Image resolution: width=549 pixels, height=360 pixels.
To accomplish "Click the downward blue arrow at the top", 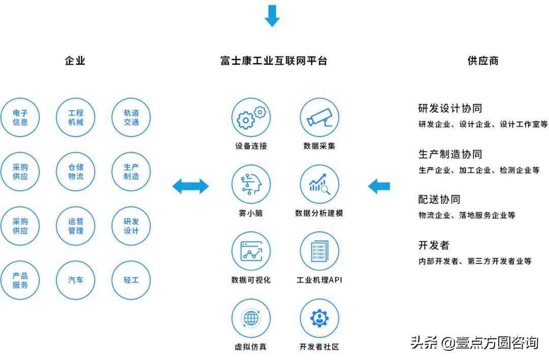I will coord(272,15).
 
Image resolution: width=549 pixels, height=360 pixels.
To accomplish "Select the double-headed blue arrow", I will coord(190,186).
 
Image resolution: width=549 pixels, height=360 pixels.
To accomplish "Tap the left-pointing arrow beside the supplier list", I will coord(379,186).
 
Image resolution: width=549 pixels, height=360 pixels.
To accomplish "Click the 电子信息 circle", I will coord(20,117).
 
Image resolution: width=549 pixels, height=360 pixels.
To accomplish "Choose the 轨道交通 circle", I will coord(131,117).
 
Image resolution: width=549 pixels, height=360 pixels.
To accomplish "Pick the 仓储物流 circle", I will coord(76,172).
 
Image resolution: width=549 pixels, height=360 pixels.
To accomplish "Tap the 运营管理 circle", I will coord(76,226).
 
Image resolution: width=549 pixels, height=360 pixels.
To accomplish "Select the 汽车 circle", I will coord(76,280).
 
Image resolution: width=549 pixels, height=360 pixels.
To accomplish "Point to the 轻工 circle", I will coord(131,280).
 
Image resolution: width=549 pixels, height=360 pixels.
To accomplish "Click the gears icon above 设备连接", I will coord(251,117).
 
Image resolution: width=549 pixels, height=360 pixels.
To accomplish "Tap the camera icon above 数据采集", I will coord(319,117).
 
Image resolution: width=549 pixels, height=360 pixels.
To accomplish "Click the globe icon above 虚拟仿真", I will coord(251,318).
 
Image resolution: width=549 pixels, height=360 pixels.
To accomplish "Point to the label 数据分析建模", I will coord(319,213).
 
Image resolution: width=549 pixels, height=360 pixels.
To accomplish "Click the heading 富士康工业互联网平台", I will coord(273,61).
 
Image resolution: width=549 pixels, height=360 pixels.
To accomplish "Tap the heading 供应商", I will coord(483,61).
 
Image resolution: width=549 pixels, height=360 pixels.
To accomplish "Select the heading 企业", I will coord(75,61).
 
